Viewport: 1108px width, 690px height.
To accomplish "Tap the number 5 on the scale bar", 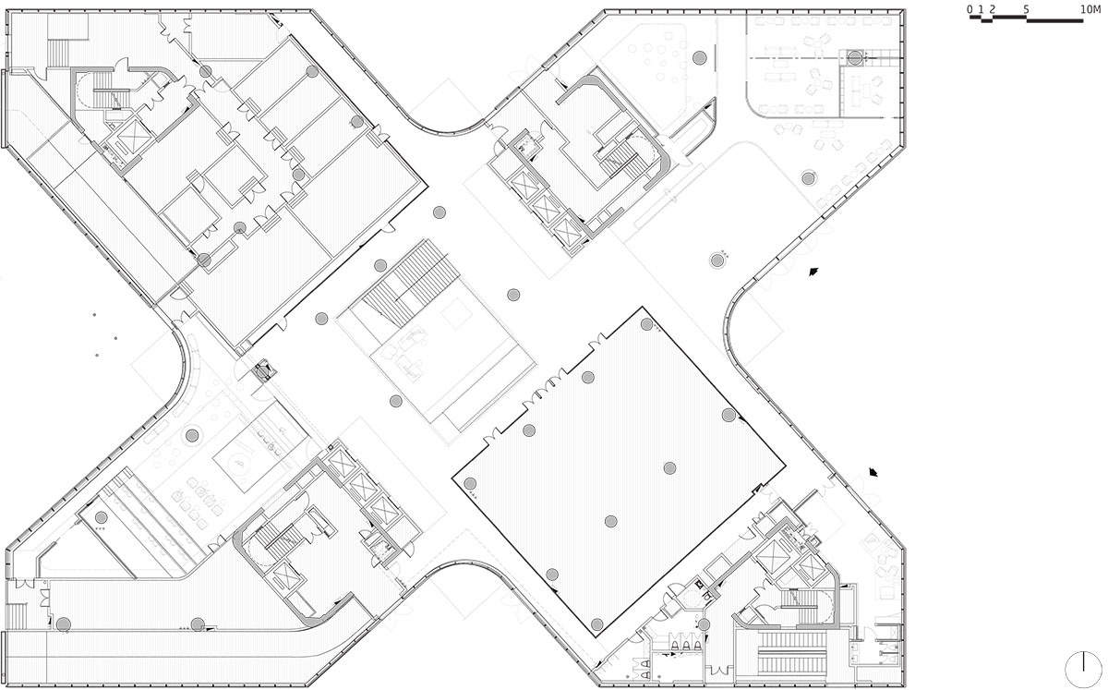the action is pyautogui.click(x=1027, y=9).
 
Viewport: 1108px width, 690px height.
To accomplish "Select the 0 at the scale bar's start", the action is pyautogui.click(x=969, y=9).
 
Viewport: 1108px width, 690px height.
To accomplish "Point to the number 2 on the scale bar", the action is pyautogui.click(x=992, y=9).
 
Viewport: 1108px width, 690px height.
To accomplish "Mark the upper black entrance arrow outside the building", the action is pyautogui.click(x=813, y=272).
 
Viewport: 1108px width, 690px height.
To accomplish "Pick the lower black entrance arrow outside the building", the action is pyautogui.click(x=873, y=472).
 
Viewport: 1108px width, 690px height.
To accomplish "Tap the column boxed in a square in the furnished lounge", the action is pyautogui.click(x=855, y=58).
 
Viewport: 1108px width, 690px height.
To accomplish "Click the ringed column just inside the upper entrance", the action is pyautogui.click(x=717, y=260).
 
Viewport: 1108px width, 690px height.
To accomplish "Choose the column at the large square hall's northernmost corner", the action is pyautogui.click(x=646, y=324).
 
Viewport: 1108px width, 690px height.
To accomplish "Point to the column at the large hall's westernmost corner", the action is pyautogui.click(x=470, y=484).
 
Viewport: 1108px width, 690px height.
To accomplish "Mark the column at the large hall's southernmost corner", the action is pyautogui.click(x=597, y=623).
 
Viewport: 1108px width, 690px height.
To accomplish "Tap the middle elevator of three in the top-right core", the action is pyautogui.click(x=543, y=206).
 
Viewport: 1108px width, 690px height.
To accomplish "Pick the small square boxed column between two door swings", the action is pyautogui.click(x=261, y=371).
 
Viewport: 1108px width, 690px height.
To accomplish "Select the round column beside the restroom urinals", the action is pyautogui.click(x=704, y=624).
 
